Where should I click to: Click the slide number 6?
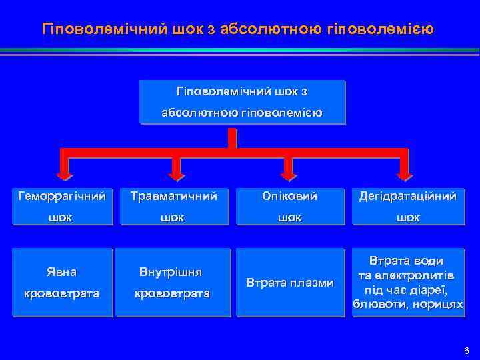coord(466,351)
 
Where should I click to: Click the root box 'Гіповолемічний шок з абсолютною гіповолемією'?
coord(243,101)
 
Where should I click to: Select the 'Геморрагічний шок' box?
coord(61,207)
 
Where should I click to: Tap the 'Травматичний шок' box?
coord(174,207)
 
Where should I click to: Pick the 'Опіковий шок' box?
coord(289,207)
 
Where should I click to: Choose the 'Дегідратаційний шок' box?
coord(408,207)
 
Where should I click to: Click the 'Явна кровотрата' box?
coord(61,283)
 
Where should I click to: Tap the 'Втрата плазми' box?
coord(289,283)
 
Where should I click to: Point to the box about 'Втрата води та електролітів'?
coord(408,283)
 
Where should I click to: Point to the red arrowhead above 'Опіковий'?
coord(289,174)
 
